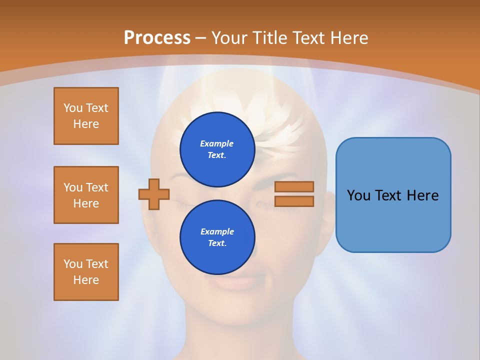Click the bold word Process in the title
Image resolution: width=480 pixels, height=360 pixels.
pyautogui.click(x=157, y=38)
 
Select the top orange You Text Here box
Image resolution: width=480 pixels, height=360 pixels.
pyautogui.click(x=86, y=116)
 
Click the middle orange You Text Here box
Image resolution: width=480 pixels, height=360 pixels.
pyautogui.click(x=86, y=195)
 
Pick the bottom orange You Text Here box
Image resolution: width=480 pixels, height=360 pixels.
pyautogui.click(x=86, y=272)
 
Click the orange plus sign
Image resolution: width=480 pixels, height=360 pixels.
pyautogui.click(x=154, y=194)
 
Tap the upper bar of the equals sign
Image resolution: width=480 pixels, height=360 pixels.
pyautogui.click(x=294, y=186)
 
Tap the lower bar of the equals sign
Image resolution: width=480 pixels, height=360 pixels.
pyautogui.click(x=294, y=201)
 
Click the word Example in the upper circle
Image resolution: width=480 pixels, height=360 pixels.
pyautogui.click(x=217, y=143)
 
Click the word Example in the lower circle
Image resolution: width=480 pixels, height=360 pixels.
pyautogui.click(x=217, y=231)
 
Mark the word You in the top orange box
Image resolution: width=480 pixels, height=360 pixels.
pyautogui.click(x=73, y=108)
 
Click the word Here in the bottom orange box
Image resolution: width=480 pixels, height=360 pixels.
pyautogui.click(x=86, y=280)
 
